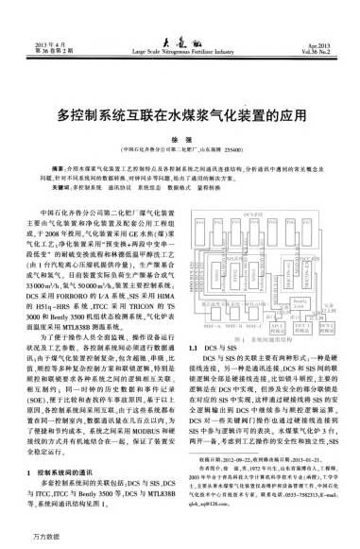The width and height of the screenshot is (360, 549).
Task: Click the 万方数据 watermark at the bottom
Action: tap(21, 539)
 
